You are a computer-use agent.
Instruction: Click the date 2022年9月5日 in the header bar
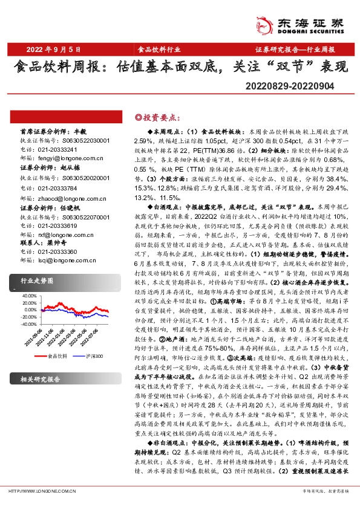click(53, 49)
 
